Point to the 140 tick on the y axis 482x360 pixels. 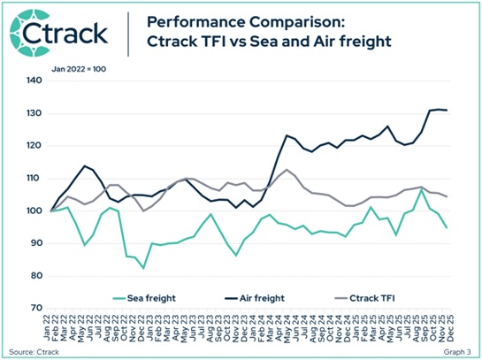tap(34, 80)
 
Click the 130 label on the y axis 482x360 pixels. tap(34, 113)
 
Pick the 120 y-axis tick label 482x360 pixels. tap(34, 146)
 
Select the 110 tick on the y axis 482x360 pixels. tap(34, 179)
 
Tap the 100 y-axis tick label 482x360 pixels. tap(34, 211)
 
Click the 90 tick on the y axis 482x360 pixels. tap(36, 243)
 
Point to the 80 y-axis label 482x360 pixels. tap(36, 276)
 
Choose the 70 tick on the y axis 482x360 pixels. tap(36, 309)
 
